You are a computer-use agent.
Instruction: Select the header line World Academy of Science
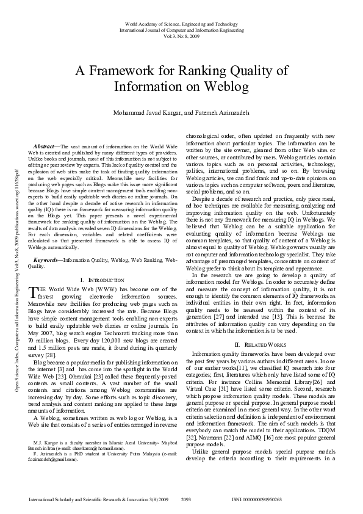181,23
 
